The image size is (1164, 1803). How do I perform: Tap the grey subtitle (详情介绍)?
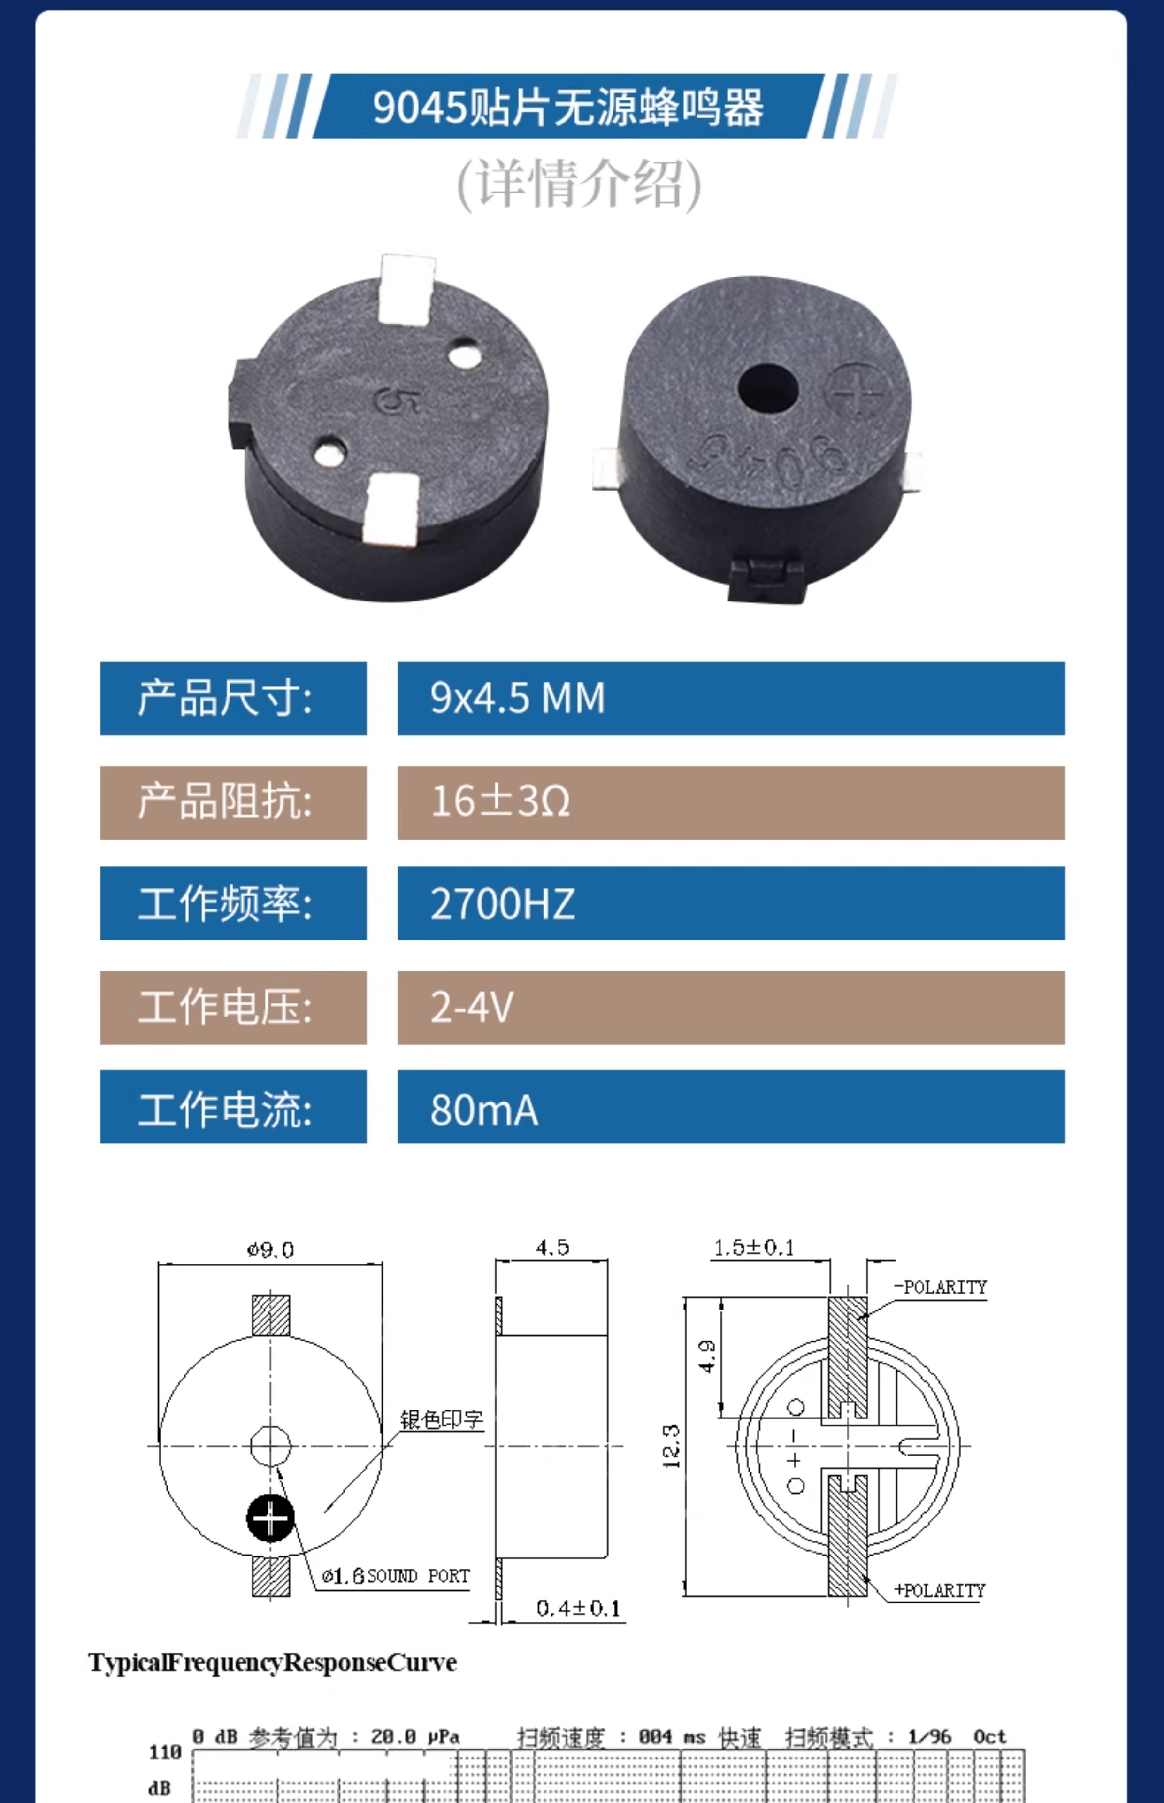[579, 184]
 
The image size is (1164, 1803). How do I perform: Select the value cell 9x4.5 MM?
[731, 698]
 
